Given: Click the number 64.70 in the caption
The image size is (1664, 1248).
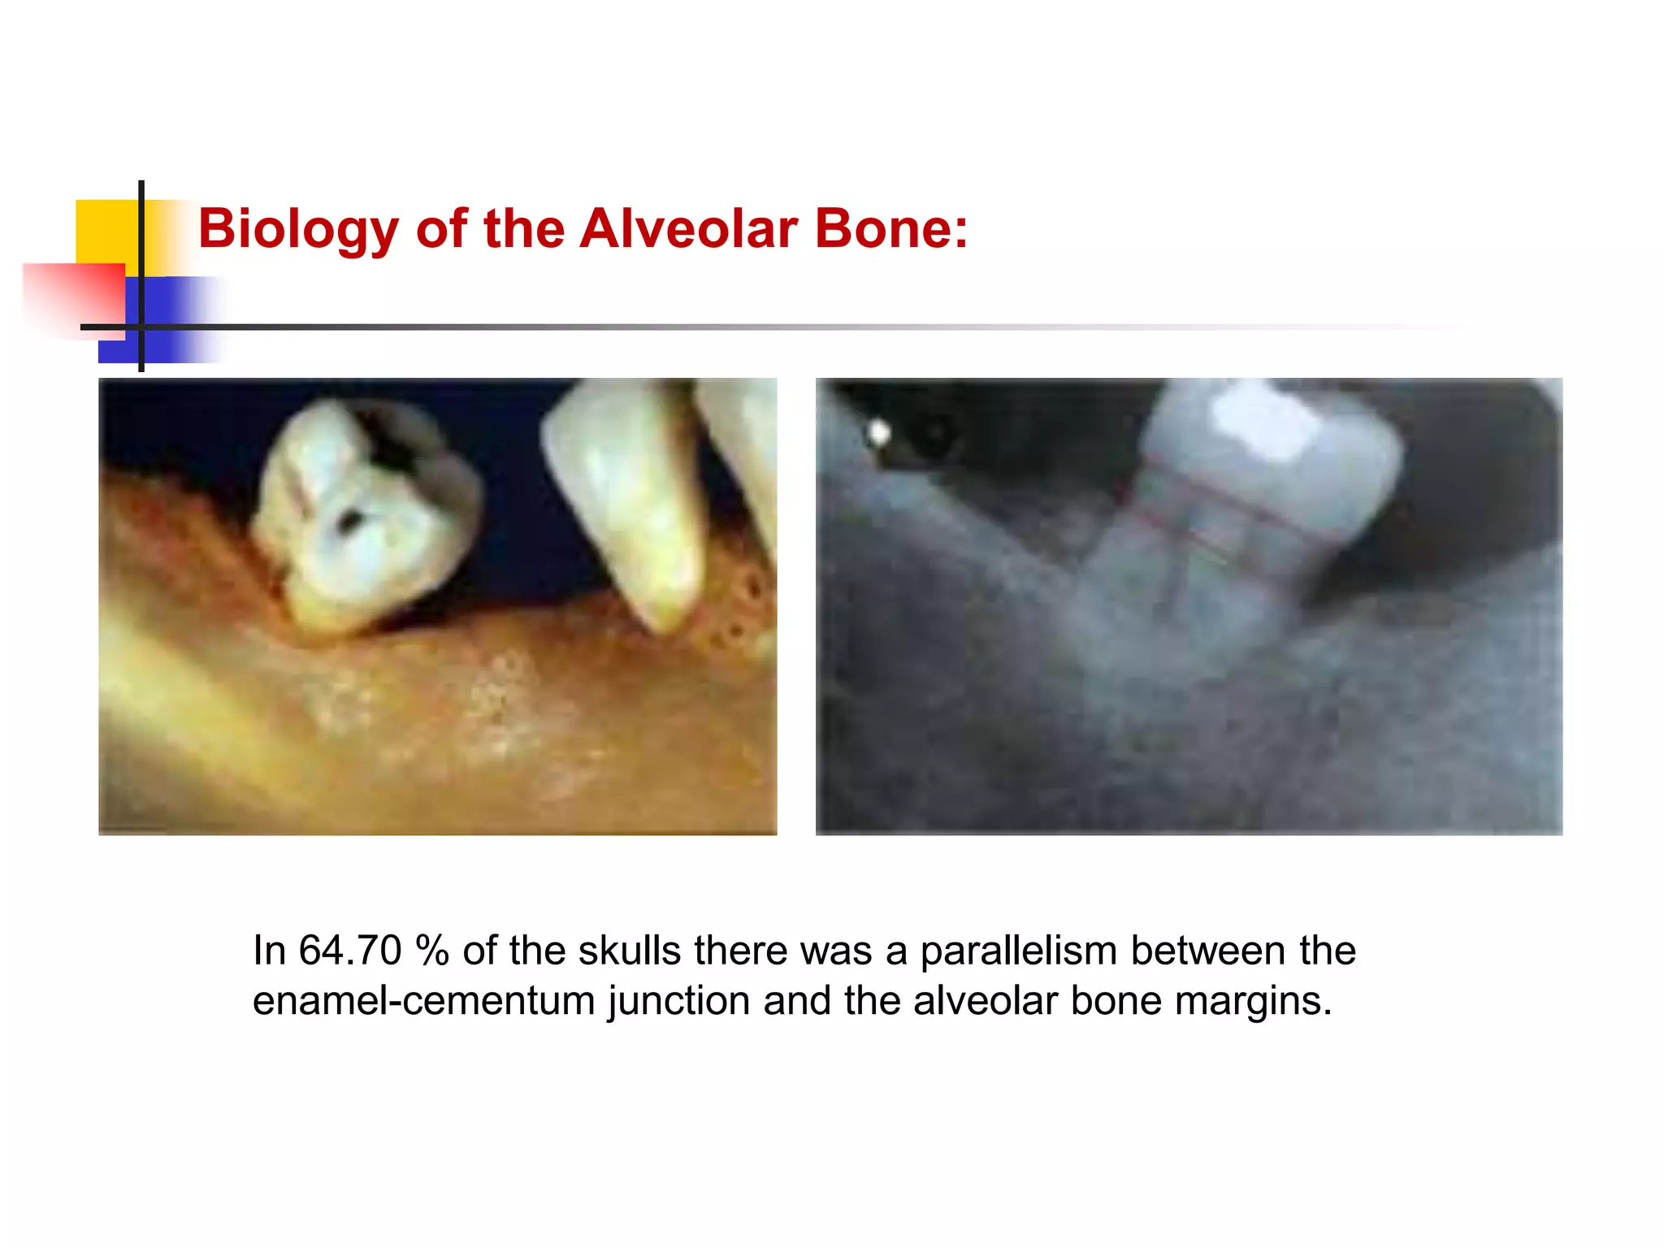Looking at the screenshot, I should coord(350,951).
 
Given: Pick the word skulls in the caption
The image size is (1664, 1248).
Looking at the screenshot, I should coord(630,951).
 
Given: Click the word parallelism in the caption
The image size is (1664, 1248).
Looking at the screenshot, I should coord(1018,951).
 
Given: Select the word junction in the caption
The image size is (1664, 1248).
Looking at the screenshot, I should coord(678,1001).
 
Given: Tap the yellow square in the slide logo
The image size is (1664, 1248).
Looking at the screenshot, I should coord(106,232).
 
